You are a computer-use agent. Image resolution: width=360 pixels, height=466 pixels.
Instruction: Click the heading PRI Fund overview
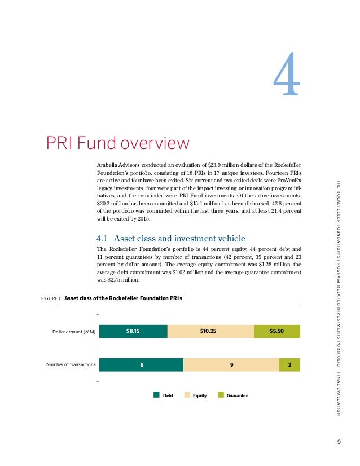point(117,143)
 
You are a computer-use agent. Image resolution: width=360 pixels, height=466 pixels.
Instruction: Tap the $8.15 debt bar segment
point(133,331)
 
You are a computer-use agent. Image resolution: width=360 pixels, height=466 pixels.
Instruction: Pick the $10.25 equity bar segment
point(210,331)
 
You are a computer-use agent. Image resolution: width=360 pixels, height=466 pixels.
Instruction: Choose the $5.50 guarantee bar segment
point(277,331)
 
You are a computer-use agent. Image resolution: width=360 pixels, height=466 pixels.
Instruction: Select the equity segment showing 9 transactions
point(231,365)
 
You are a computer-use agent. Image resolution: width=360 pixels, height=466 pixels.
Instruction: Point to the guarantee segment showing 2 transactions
point(289,365)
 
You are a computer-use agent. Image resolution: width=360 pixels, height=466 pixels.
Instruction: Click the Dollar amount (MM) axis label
point(74,332)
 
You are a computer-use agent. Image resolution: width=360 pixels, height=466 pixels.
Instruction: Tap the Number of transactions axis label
point(71,365)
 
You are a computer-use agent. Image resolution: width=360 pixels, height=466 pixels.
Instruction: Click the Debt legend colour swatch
point(157,395)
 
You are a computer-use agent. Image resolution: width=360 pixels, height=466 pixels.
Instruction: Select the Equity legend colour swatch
point(188,395)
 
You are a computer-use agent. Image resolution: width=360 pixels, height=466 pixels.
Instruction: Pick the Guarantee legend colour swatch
point(221,395)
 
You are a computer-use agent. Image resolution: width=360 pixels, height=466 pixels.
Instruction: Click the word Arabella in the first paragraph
point(109,164)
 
